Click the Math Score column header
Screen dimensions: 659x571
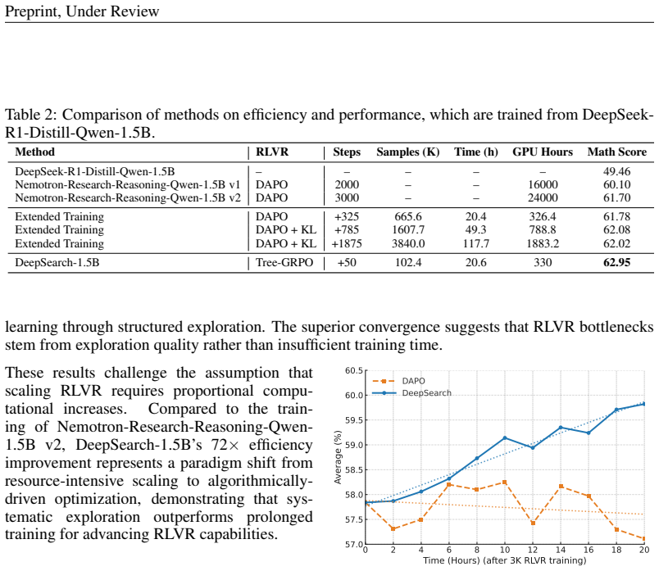616,152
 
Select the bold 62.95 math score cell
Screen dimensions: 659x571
616,263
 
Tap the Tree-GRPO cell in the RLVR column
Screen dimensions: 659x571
284,263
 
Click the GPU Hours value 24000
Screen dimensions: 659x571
543,198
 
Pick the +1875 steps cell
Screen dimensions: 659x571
347,243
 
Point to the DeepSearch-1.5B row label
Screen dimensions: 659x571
57,263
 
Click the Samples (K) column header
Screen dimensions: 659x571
407,152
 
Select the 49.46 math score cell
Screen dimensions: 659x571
616,172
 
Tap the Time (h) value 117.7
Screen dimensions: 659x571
475,243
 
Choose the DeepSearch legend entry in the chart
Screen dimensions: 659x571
411,393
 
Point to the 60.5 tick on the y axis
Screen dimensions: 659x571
354,370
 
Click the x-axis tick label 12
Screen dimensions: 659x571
533,550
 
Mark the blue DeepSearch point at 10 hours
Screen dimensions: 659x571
505,438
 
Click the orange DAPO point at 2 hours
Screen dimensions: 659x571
393,529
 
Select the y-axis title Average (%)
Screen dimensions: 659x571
338,457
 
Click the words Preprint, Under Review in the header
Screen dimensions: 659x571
82,11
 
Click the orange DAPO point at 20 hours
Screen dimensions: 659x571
644,539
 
